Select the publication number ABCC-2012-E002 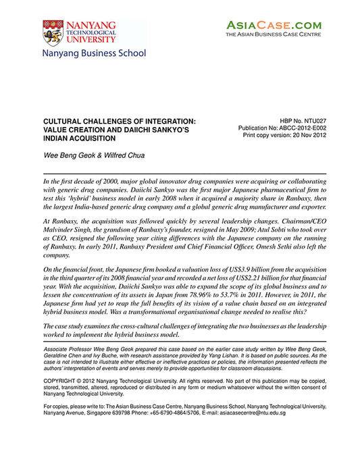pyautogui.click(x=296, y=127)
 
